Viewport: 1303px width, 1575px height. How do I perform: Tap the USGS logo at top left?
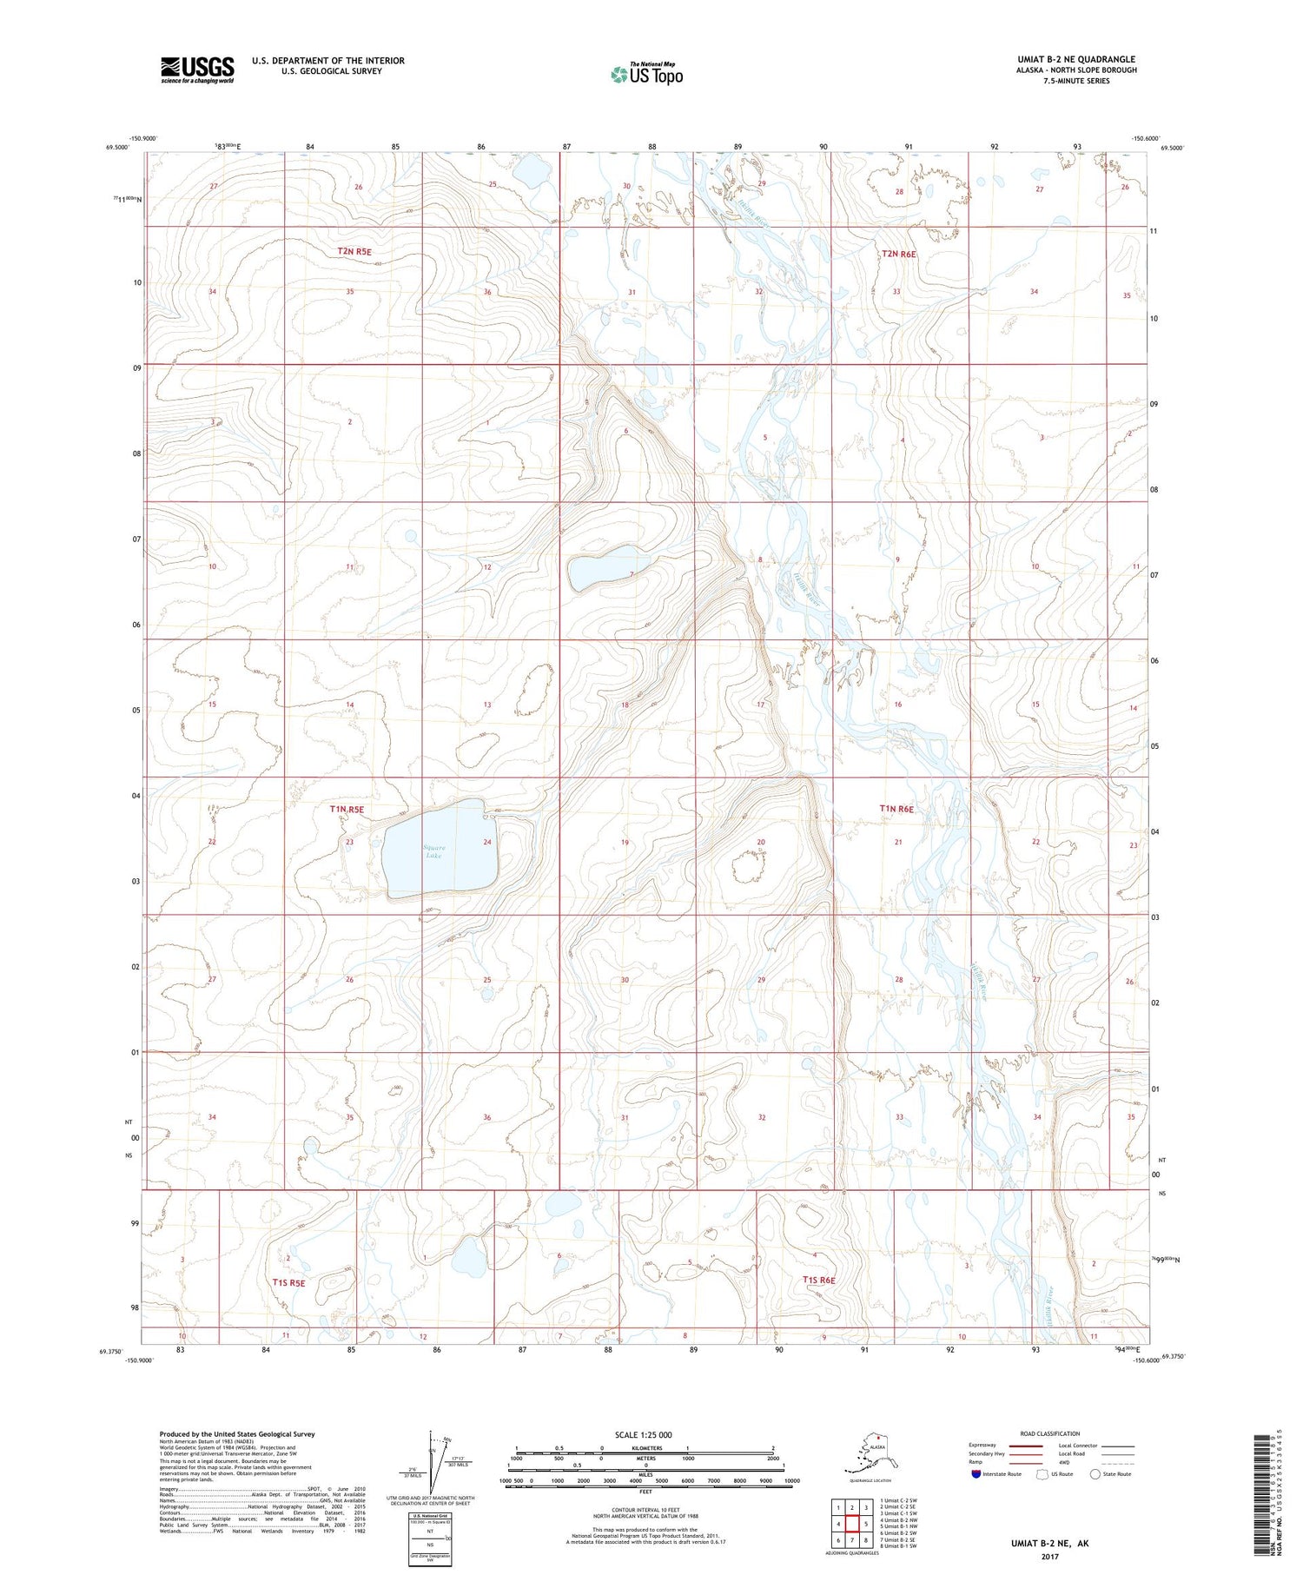197,69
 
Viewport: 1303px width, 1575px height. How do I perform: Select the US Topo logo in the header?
647,74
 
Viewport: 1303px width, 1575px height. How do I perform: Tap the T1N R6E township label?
896,808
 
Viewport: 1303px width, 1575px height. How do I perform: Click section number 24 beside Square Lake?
487,842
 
